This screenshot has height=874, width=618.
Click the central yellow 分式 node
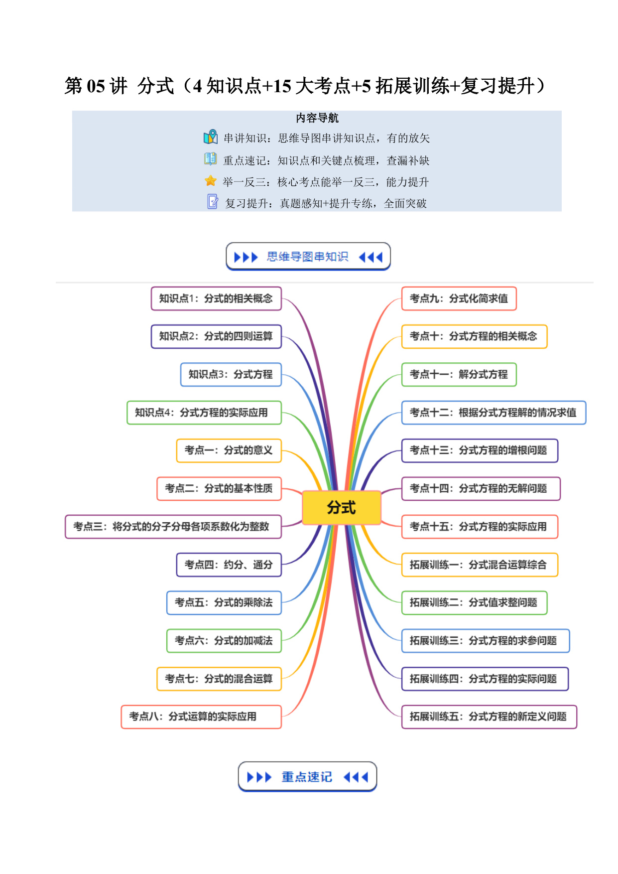pyautogui.click(x=342, y=508)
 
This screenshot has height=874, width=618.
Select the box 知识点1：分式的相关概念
pyautogui.click(x=216, y=298)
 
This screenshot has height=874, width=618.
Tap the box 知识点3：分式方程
pyautogui.click(x=231, y=374)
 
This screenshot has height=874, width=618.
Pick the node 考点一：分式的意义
pyautogui.click(x=229, y=450)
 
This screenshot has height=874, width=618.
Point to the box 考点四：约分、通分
pyautogui.click(x=229, y=565)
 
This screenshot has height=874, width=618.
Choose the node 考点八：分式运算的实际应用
pyautogui.click(x=201, y=717)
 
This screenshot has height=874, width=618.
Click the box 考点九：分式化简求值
pyautogui.click(x=459, y=298)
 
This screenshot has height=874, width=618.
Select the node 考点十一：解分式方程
pyautogui.click(x=459, y=374)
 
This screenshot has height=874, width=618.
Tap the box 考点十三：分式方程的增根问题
pyautogui.click(x=480, y=450)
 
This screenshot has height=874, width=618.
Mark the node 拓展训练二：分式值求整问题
pyautogui.click(x=475, y=602)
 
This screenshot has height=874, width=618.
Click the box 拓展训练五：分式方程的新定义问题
pyautogui.click(x=489, y=717)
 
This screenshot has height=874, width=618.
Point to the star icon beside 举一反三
pyautogui.click(x=211, y=181)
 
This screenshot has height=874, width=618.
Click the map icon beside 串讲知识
pyautogui.click(x=211, y=137)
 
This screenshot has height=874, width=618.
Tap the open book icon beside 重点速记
pyautogui.click(x=211, y=159)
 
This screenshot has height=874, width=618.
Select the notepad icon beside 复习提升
pyautogui.click(x=213, y=201)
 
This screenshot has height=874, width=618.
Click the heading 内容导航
pyautogui.click(x=317, y=118)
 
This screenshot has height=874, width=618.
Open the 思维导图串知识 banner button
pyautogui.click(x=308, y=257)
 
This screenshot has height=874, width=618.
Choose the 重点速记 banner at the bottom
pyautogui.click(x=307, y=776)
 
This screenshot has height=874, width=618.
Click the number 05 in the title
pyautogui.click(x=96, y=86)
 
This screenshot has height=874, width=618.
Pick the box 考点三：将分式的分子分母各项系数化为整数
pyautogui.click(x=173, y=527)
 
